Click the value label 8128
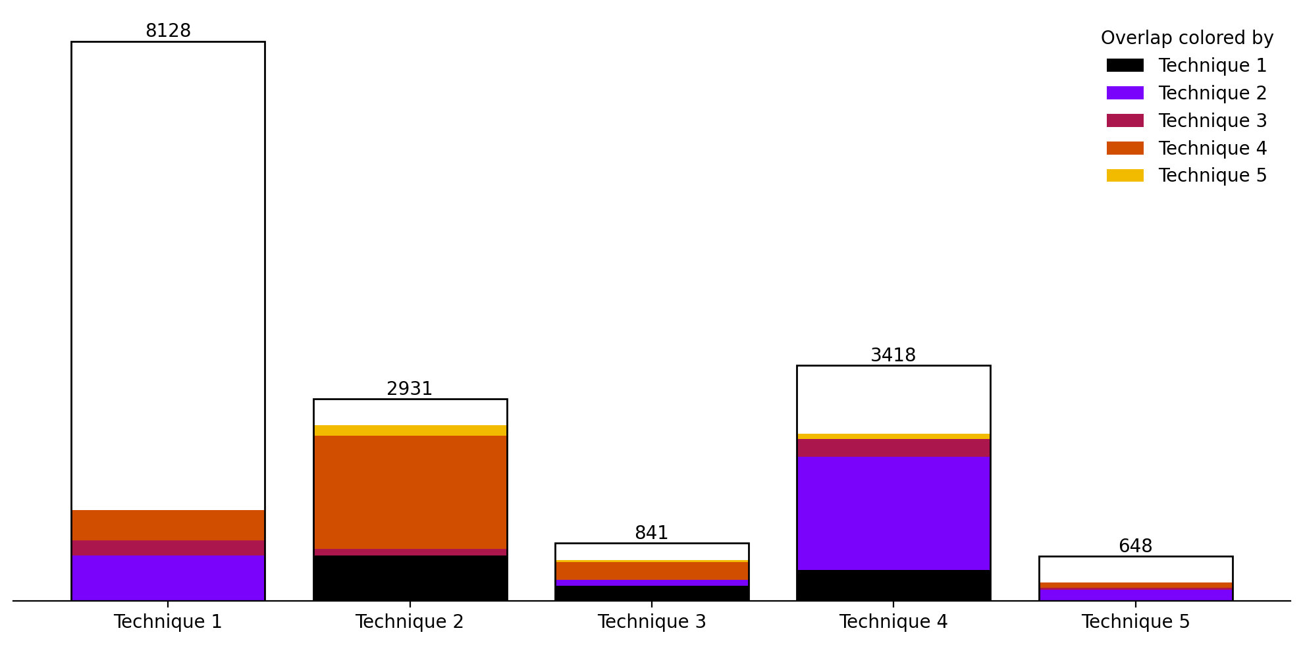coord(168,31)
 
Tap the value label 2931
coord(410,389)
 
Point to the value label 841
coord(651,533)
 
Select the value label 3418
coord(893,355)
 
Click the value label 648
coord(1135,546)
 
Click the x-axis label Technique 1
coord(168,622)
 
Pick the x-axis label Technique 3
coord(651,622)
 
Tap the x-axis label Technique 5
coord(1135,622)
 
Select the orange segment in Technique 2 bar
coord(410,492)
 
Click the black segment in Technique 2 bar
coord(410,578)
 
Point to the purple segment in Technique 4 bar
coord(893,513)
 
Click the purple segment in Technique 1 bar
coord(168,578)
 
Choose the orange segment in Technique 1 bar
coord(168,525)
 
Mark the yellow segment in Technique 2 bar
coord(410,430)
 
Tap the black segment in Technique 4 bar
coord(893,585)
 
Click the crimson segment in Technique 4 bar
coord(893,448)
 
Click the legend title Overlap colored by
coord(1186,38)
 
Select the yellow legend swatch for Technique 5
coord(1125,176)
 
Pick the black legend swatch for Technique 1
coord(1125,66)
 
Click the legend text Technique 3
coord(1212,121)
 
